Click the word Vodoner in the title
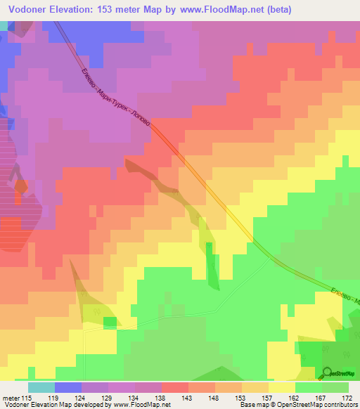coord(28,11)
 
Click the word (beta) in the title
coord(276,11)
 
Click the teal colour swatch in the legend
coord(41,387)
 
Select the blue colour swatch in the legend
coord(68,387)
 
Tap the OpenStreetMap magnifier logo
coord(328,372)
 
